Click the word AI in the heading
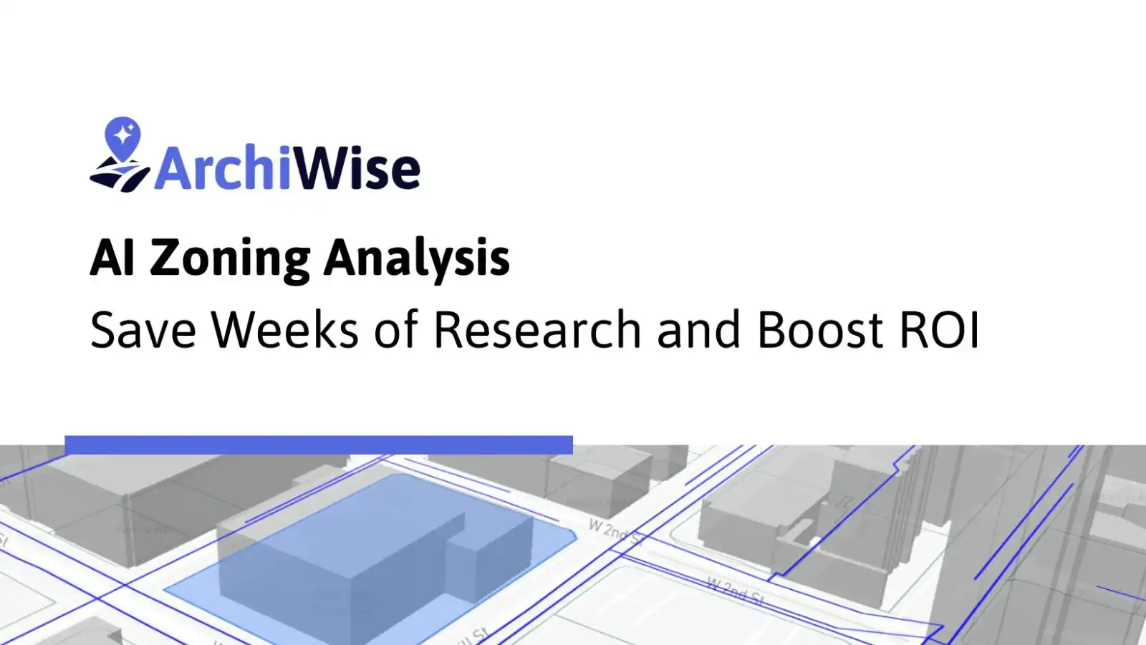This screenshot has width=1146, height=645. (x=112, y=258)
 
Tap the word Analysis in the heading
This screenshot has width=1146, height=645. (x=416, y=259)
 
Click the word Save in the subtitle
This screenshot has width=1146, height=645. (x=143, y=330)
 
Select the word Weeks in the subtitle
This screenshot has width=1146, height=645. (x=284, y=330)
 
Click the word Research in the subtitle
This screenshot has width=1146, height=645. (x=537, y=330)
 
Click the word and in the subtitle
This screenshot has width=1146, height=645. (x=698, y=330)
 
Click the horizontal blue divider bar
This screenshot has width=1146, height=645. (x=319, y=445)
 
